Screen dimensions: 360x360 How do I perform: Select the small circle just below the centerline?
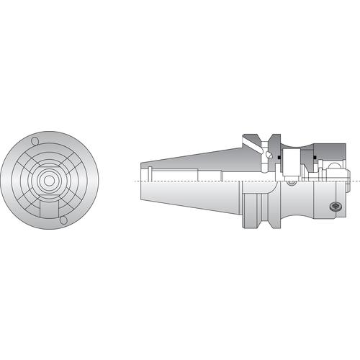(290, 183)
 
